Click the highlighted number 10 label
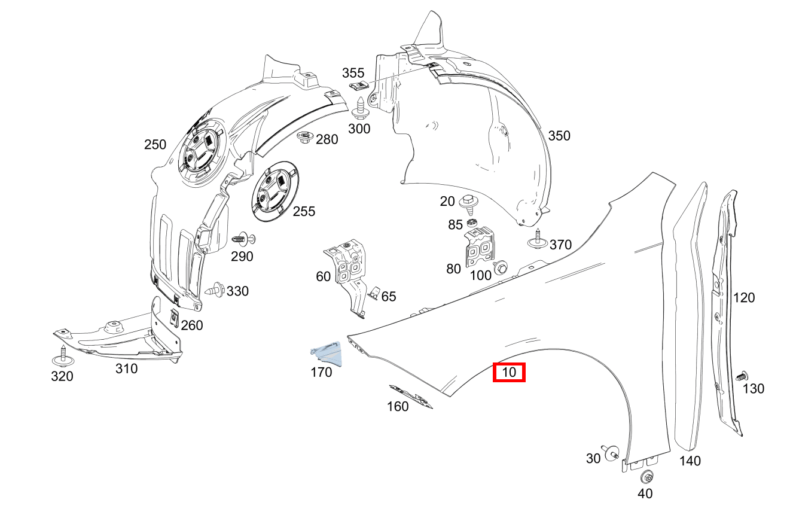click(508, 373)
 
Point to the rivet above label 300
click(361, 108)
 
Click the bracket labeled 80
click(481, 247)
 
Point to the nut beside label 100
click(501, 267)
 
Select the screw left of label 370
click(537, 239)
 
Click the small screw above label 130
click(741, 376)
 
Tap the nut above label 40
click(646, 477)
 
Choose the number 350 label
click(559, 136)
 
